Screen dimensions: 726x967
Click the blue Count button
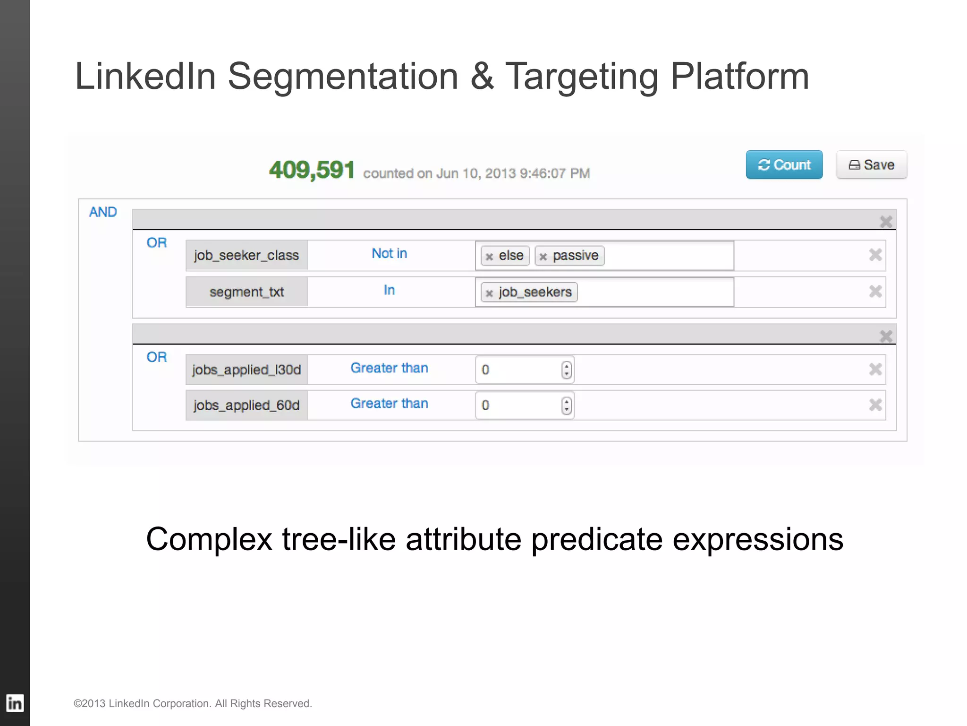coord(784,165)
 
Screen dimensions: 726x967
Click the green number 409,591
coord(312,170)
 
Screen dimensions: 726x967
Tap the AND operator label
coord(103,212)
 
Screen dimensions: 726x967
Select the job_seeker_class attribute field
coord(246,255)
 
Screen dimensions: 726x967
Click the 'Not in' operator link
coord(389,254)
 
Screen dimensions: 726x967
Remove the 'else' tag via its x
coord(489,257)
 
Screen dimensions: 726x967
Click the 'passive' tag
coord(575,256)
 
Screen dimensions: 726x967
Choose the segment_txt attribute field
coord(246,292)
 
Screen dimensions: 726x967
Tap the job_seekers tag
coord(535,292)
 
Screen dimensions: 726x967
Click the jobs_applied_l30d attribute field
coord(246,370)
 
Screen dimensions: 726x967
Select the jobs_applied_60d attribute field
coord(246,406)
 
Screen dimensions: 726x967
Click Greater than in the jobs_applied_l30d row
coord(389,368)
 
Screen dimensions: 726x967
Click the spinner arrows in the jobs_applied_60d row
coord(567,406)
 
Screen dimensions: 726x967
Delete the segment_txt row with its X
coord(875,292)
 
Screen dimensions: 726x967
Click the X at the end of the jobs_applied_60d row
coord(875,405)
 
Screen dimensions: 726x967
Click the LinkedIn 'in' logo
coord(15,703)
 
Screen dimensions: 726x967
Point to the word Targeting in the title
coord(582,77)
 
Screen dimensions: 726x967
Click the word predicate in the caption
coord(597,539)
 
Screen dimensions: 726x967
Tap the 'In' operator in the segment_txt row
coord(389,290)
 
